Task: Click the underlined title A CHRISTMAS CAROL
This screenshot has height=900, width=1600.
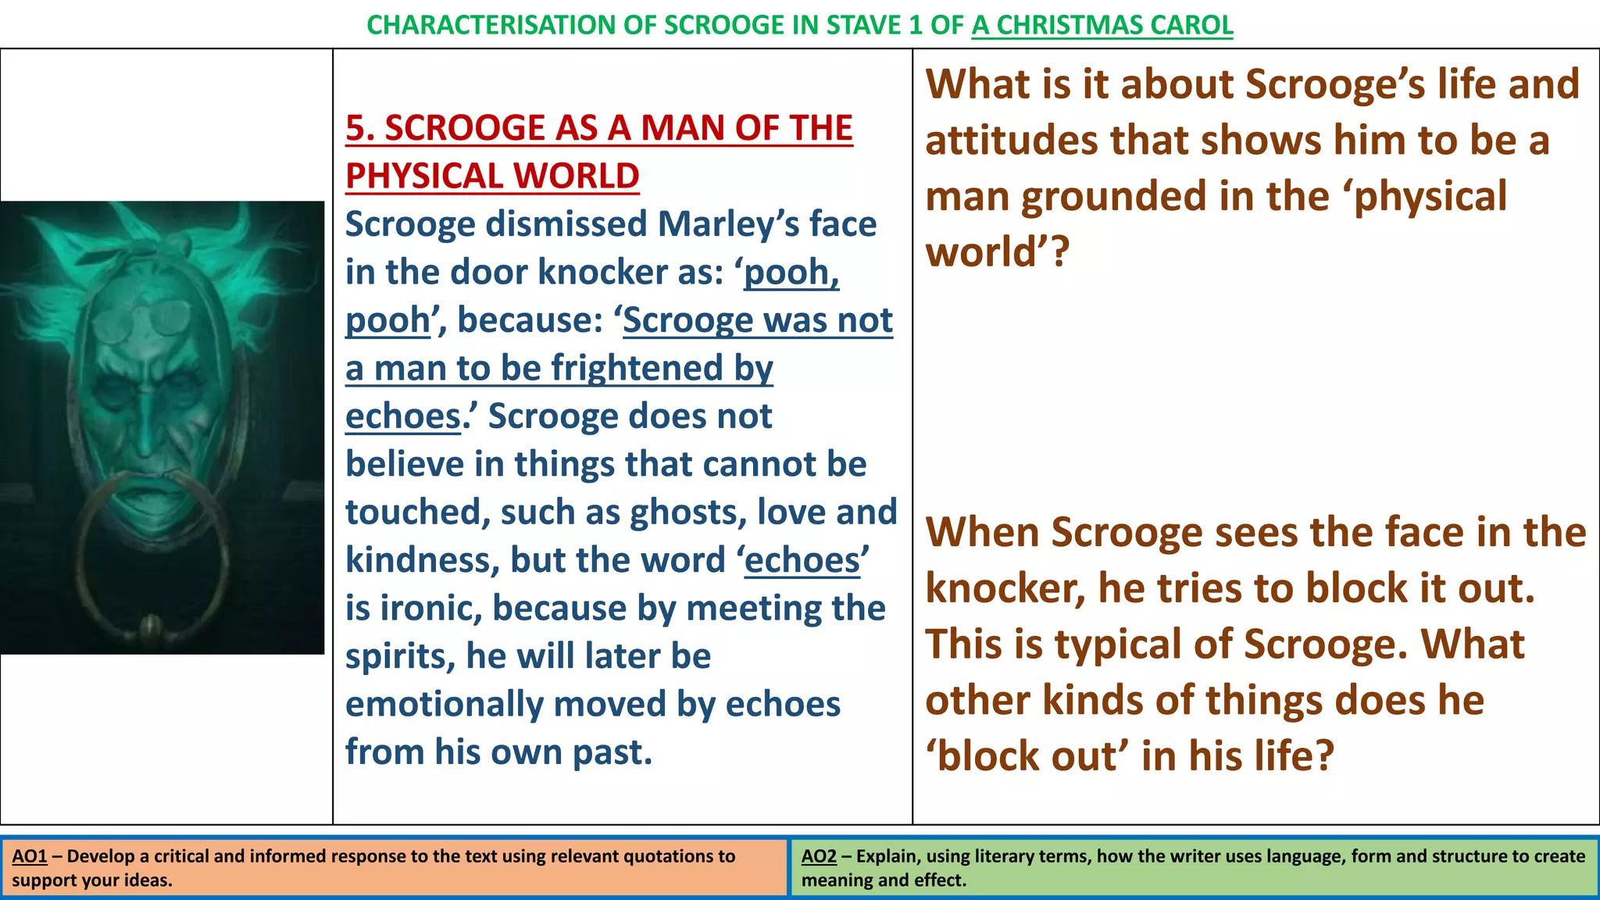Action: click(x=1102, y=25)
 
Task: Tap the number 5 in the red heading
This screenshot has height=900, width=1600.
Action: click(x=355, y=128)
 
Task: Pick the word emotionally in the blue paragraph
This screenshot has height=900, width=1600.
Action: click(x=444, y=705)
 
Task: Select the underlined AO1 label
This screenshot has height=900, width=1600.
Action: click(x=30, y=856)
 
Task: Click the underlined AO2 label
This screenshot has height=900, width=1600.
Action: click(x=819, y=856)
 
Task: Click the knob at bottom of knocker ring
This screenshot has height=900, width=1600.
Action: click(x=150, y=626)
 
